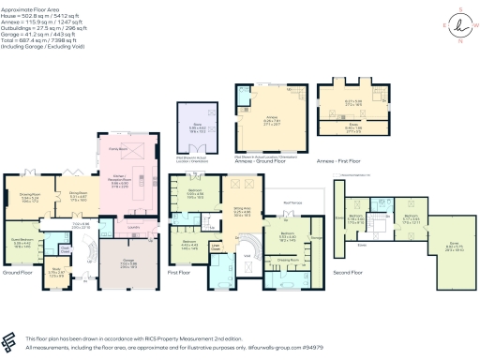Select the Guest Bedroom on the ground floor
(22, 240)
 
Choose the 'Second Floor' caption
(347, 271)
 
